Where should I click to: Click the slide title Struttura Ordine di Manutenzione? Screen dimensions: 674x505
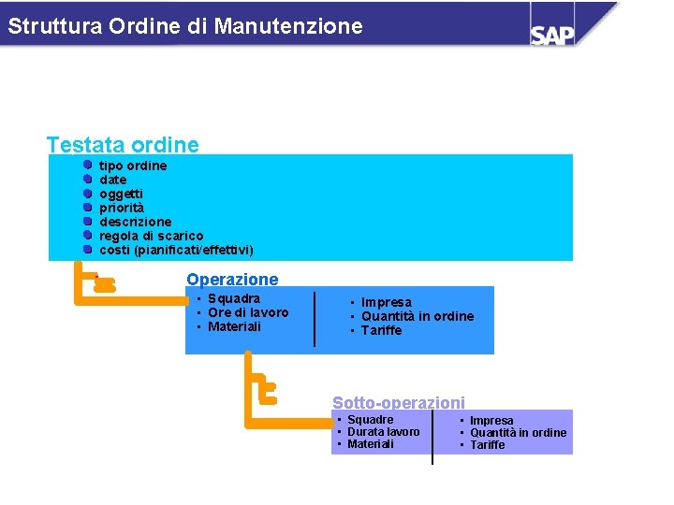pos(185,26)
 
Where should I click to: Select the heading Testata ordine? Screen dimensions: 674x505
pos(123,145)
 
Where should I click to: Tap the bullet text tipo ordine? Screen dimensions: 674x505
pos(133,166)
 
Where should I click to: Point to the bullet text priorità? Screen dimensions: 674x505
pos(122,208)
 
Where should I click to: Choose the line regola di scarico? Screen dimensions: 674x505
pos(151,236)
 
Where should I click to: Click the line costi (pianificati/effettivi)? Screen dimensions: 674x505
pos(176,250)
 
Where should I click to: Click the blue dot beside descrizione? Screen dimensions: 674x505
pos(87,222)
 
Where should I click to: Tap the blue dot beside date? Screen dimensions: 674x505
pos(87,180)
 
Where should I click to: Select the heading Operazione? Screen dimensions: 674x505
pos(232,279)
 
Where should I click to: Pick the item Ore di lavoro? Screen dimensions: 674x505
pos(248,312)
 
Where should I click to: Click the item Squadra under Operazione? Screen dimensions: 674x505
pos(234,298)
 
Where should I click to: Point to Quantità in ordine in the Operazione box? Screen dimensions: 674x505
pos(418,316)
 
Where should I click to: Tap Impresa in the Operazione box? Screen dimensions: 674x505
pos(387,302)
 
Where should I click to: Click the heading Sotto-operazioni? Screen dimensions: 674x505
pos(398,402)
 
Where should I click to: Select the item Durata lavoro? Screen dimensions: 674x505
pos(383,431)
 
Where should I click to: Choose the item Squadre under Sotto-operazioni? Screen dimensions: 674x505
pos(370,420)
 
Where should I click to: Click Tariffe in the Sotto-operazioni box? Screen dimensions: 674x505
pos(487,444)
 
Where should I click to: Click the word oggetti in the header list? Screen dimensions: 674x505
pos(122,194)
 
